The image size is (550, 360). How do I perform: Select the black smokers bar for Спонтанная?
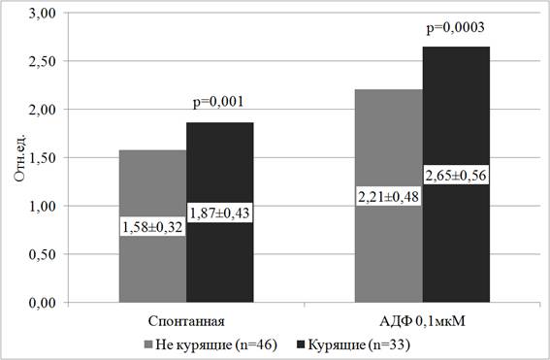[220, 252]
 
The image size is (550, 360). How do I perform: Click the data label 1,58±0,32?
[153, 227]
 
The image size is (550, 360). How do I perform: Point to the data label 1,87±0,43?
[220, 213]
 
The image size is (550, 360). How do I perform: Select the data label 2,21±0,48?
[389, 196]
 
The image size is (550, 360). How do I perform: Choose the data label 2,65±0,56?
[456, 175]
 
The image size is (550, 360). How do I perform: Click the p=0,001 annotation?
[218, 102]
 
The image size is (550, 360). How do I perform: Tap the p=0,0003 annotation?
[455, 28]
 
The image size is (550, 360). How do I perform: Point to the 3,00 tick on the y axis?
[43, 13]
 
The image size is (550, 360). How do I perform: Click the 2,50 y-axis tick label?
[43, 61]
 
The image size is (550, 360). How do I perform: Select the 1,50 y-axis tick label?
[43, 158]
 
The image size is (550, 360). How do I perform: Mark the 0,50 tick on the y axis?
[43, 254]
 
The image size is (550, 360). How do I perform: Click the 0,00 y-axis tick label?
[43, 303]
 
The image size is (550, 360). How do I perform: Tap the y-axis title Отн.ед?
[20, 157]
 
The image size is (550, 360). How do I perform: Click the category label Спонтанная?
[186, 321]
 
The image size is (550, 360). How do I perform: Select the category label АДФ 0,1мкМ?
[422, 321]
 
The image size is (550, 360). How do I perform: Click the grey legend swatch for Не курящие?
[148, 344]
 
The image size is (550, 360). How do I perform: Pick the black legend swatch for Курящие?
[301, 344]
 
